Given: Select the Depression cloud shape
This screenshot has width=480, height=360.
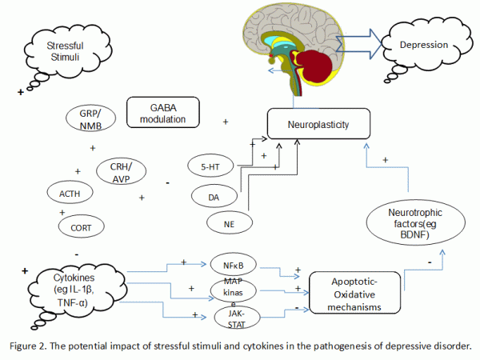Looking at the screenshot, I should pyautogui.click(x=425, y=44).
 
